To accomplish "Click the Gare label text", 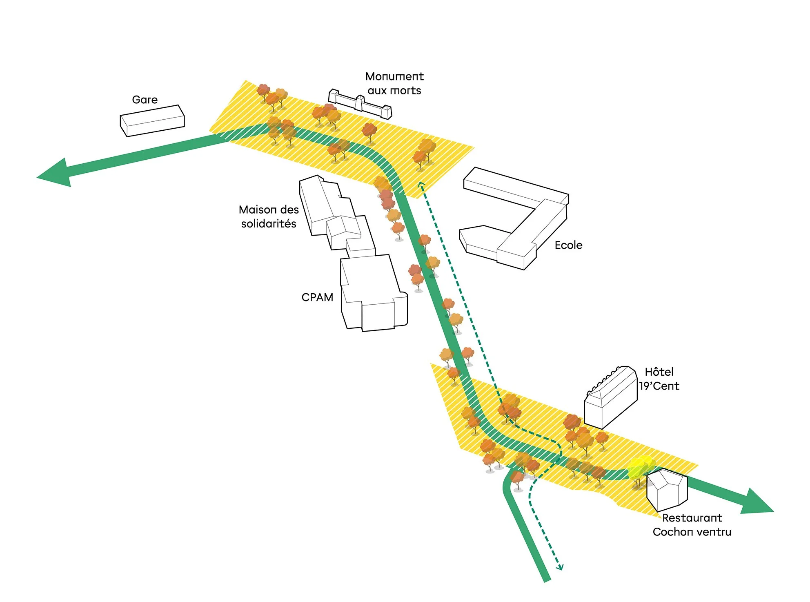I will [145, 100].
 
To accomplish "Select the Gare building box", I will [152, 121].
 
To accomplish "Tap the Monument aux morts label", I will [394, 83].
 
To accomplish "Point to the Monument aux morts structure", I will [360, 104].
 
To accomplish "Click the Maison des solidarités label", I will [269, 216].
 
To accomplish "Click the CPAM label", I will [317, 297].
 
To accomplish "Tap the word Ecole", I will [568, 245].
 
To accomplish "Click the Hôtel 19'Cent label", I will [659, 379].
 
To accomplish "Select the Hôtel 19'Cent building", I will [610, 398].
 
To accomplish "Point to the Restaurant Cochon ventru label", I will [692, 525].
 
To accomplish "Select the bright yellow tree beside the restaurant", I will [640, 468].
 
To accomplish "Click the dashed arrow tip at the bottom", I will [561, 568].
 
